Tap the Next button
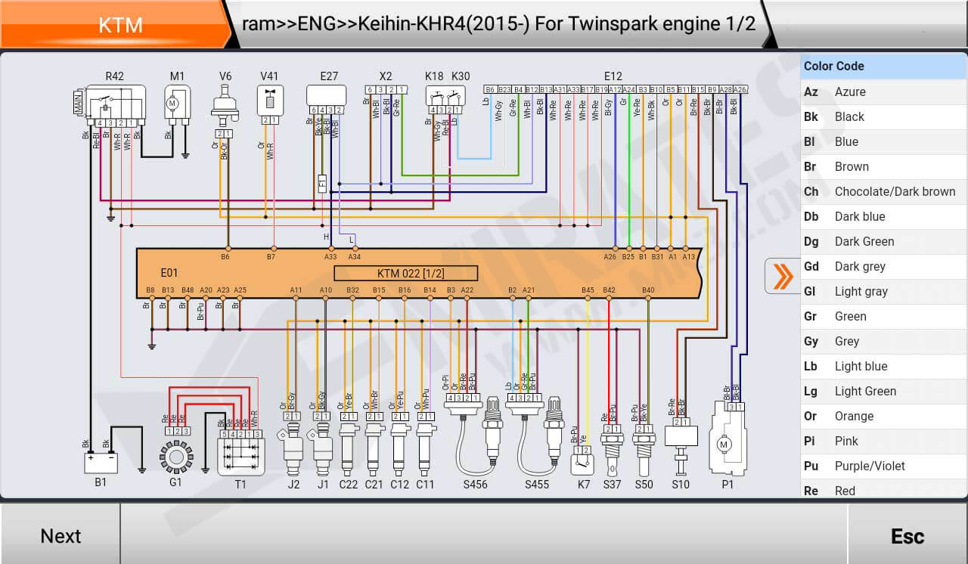coord(60,535)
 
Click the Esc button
coord(907,535)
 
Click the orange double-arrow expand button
coord(783,276)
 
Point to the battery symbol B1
coord(101,462)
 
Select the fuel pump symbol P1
coord(727,446)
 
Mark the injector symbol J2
coord(293,450)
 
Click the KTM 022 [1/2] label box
coord(405,273)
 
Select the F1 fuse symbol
coord(322,184)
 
